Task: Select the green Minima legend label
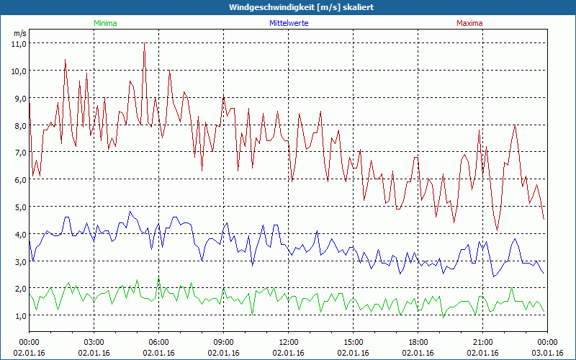click(105, 23)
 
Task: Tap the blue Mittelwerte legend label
click(288, 23)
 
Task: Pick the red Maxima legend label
click(469, 23)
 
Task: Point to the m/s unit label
click(19, 33)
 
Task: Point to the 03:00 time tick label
click(94, 342)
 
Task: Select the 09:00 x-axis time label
click(224, 342)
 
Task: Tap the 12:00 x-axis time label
click(289, 342)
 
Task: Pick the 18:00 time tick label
click(418, 342)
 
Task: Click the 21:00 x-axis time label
click(483, 342)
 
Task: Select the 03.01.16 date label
click(548, 353)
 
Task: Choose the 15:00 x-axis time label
click(354, 342)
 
